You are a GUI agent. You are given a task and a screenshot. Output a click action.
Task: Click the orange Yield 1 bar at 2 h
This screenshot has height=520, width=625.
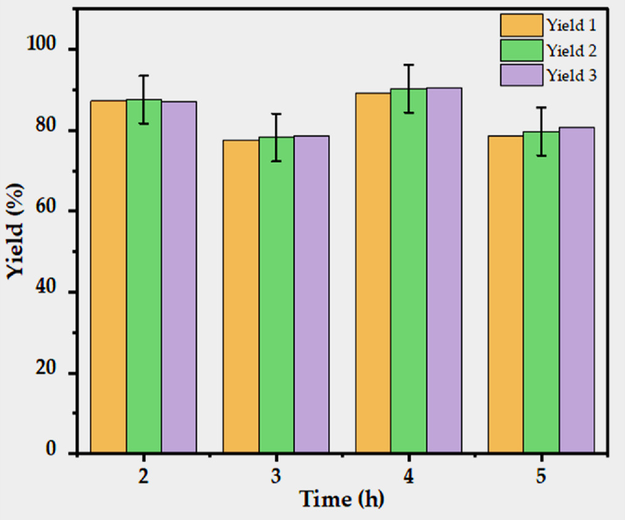(109, 277)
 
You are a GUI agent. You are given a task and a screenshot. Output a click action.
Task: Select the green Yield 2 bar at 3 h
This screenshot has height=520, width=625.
(276, 295)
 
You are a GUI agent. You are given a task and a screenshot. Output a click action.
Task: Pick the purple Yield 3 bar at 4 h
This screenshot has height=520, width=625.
(444, 270)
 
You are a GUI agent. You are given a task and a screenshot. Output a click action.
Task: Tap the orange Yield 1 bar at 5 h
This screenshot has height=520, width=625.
(506, 294)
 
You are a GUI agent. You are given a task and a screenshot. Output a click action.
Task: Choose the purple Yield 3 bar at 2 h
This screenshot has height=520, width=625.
(179, 277)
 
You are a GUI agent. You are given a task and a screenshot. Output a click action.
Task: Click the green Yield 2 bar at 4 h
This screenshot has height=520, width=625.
(408, 271)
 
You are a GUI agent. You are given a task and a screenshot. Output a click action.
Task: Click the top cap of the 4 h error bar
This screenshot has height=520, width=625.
(408, 65)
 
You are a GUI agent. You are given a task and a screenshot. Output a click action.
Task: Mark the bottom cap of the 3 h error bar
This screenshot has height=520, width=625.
(276, 161)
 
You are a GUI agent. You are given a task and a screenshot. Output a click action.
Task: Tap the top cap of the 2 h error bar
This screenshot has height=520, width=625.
(144, 76)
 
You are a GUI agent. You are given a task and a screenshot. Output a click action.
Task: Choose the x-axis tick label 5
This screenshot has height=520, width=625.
(541, 476)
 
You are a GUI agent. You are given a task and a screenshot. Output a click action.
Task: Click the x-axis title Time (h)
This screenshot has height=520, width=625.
(342, 499)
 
